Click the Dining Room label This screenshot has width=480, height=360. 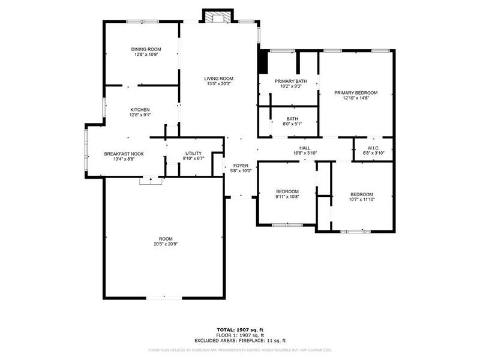point(146,49)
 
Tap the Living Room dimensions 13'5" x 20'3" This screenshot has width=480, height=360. point(218,84)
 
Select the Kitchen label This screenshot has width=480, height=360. point(140,110)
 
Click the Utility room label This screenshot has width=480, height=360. point(193,154)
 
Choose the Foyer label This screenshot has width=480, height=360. point(241,166)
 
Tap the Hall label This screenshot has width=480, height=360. point(305,148)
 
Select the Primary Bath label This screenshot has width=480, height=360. point(290,81)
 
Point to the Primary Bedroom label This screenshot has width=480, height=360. point(356,93)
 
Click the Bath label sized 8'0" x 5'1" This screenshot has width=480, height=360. point(292,119)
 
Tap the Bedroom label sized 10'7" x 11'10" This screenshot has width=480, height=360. point(362,194)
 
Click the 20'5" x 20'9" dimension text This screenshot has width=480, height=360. point(164,244)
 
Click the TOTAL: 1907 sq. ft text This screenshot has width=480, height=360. point(240,329)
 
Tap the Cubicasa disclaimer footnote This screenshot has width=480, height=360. point(240,350)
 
